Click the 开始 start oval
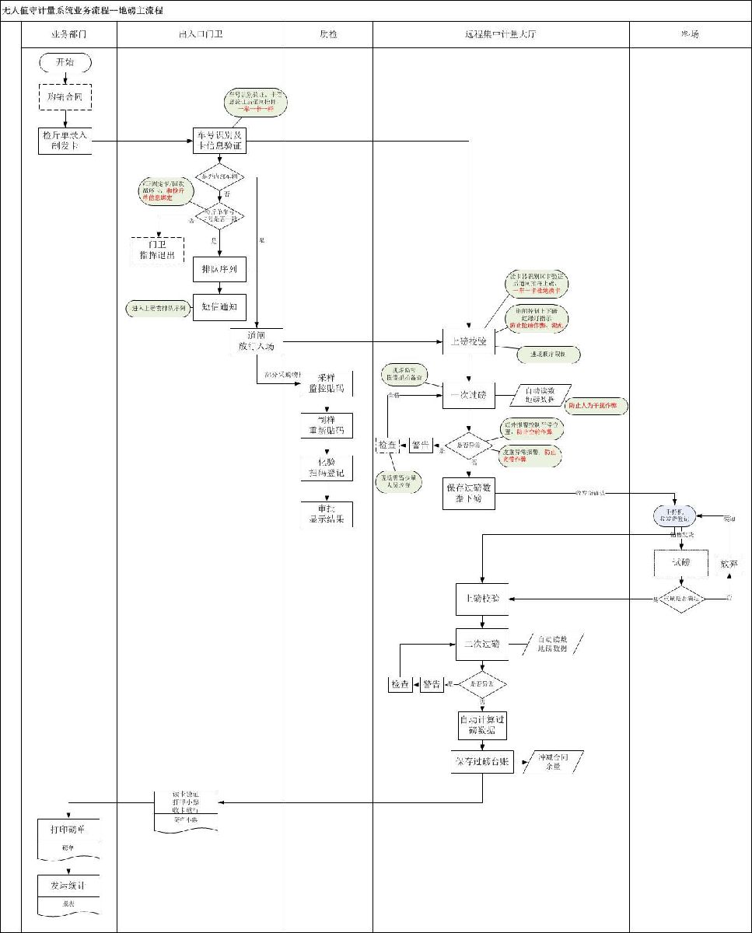pos(65,62)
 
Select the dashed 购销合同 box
pos(65,96)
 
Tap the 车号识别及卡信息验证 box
pos(220,141)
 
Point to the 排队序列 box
pos(219,270)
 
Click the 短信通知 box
pos(219,307)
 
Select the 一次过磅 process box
pos(469,396)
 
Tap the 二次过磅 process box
pos(481,644)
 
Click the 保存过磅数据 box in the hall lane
pos(469,493)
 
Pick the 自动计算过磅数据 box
pos(482,725)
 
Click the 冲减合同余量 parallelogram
pos(554,761)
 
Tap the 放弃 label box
pos(729,563)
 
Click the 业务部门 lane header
pos(68,34)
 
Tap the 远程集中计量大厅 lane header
pos(501,34)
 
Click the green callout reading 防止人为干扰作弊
pos(596,406)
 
